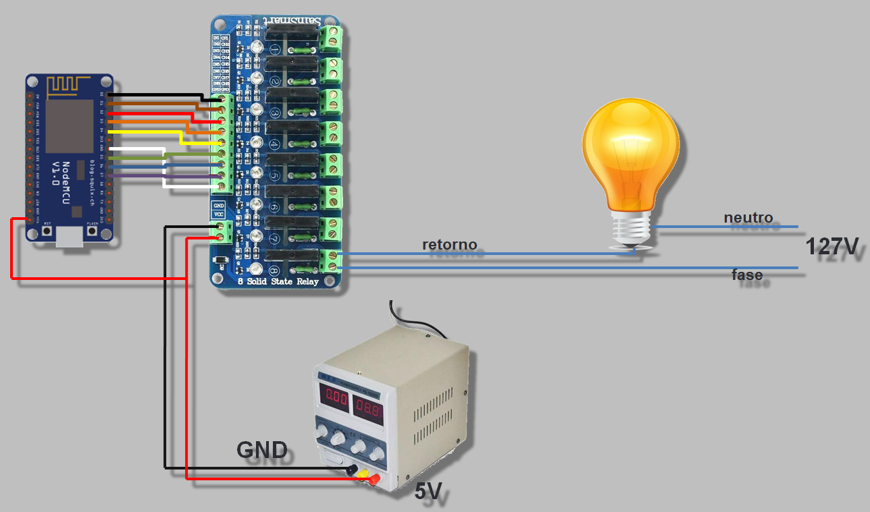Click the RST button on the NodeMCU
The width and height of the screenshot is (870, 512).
point(47,231)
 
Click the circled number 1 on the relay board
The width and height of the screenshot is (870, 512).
point(275,50)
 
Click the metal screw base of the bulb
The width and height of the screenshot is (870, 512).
point(631,229)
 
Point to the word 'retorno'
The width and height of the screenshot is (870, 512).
point(449,244)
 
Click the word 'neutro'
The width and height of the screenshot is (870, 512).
point(748,218)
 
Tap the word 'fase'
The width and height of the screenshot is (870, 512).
point(747,275)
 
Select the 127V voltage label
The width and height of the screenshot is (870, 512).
point(831,247)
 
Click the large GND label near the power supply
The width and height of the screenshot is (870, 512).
point(262,450)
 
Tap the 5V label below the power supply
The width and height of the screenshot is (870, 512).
point(428,492)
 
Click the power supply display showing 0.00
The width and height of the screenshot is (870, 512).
point(335,399)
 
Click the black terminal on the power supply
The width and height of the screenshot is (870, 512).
point(352,470)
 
